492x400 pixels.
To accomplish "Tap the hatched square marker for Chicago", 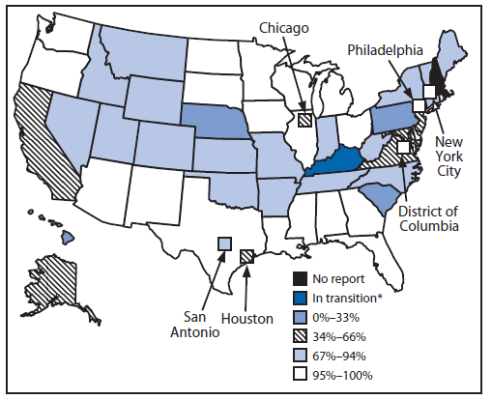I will click(304, 121).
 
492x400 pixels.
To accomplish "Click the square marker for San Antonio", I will click(223, 243).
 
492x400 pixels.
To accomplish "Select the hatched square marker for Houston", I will click(246, 256).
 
